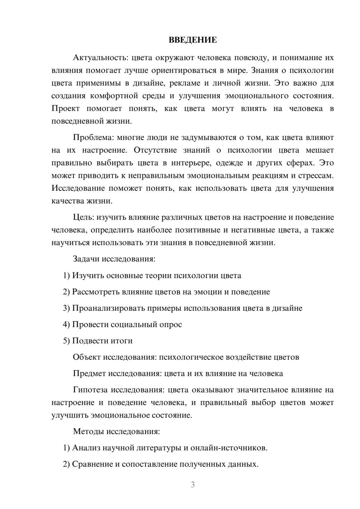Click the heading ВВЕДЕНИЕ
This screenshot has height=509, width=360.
click(193, 40)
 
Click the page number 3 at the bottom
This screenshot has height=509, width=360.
click(193, 485)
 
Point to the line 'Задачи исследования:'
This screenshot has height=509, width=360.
click(114, 259)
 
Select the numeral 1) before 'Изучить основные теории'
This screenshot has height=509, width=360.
click(66, 275)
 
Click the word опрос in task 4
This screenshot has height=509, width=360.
click(170, 324)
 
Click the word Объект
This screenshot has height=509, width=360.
click(87, 357)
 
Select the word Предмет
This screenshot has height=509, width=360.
click(89, 373)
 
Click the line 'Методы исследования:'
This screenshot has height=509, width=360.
click(116, 431)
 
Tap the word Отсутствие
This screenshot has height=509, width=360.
click(155, 150)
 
